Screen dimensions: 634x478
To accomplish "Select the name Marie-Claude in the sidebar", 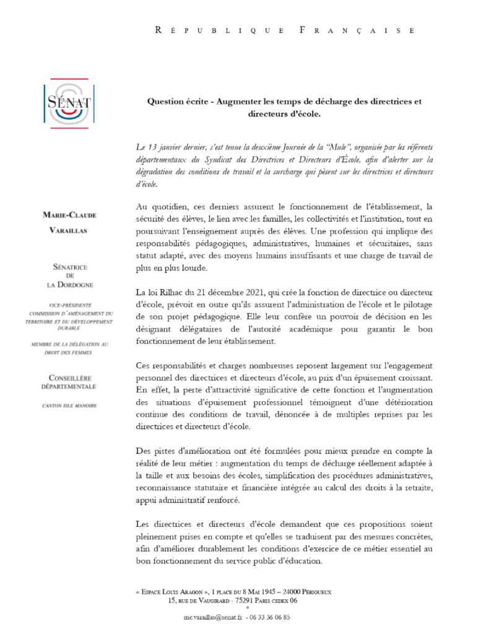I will point(69,215).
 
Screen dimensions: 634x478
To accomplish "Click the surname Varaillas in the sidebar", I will point(69,231).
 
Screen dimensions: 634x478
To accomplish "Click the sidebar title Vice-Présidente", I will point(69,306).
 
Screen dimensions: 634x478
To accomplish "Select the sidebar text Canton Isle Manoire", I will point(69,406).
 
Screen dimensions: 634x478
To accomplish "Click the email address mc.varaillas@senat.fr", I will point(212,617).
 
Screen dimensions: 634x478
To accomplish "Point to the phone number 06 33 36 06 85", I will point(269,617).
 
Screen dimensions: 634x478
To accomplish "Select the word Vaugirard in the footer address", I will point(207,600).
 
